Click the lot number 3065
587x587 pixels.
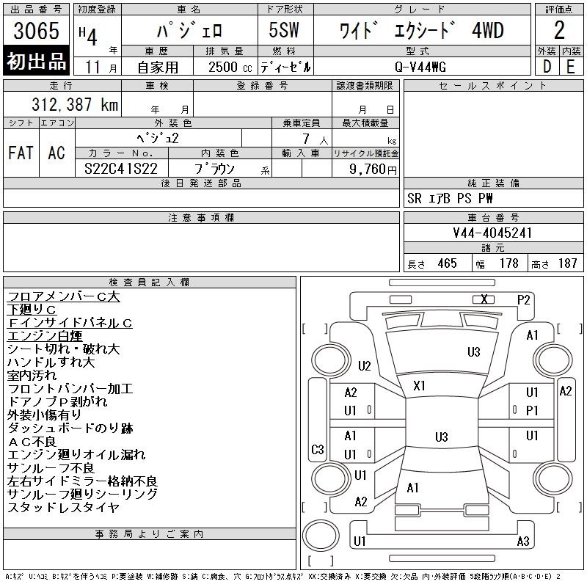tap(36, 30)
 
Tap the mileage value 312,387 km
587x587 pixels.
tap(75, 104)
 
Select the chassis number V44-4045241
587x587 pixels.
tap(492, 233)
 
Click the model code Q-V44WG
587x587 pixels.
tap(420, 68)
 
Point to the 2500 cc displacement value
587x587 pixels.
tap(230, 68)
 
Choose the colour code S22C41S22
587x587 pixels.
tap(121, 169)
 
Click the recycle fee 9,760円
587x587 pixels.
tap(373, 169)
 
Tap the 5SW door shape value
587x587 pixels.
tap(284, 30)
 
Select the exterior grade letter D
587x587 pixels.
tap(547, 67)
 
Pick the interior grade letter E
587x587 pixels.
tap(571, 67)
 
